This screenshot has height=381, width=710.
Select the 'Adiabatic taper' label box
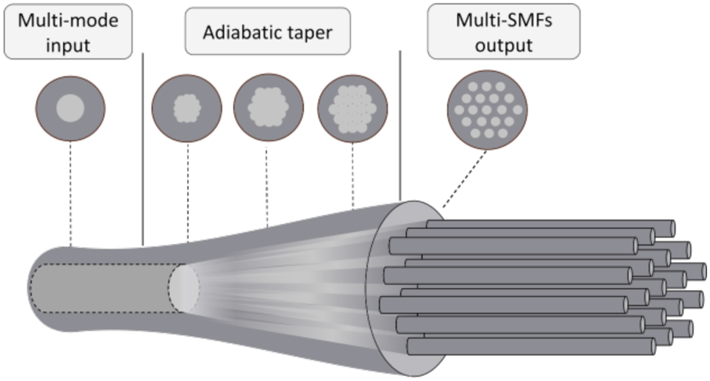267,32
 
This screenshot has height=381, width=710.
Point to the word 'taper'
313,33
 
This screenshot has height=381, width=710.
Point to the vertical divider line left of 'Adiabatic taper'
143,148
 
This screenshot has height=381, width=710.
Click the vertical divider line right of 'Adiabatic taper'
401,124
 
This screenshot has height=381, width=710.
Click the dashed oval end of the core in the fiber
184,289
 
